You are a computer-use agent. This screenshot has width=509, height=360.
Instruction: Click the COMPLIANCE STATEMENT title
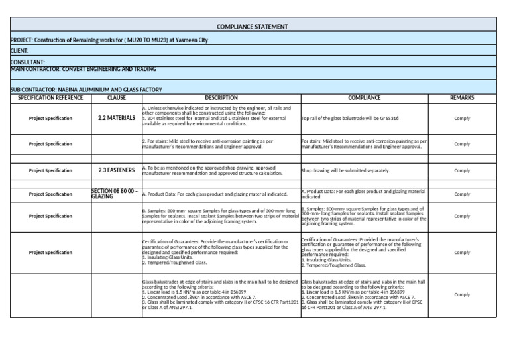(252, 27)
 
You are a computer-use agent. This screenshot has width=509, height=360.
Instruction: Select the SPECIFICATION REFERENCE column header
(50, 98)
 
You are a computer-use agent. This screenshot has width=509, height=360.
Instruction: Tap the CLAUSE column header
(116, 98)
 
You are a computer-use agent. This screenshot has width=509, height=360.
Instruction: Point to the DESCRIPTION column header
(221, 98)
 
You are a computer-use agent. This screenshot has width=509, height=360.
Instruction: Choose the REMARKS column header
(462, 98)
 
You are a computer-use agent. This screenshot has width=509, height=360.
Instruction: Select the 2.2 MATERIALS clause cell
(116, 119)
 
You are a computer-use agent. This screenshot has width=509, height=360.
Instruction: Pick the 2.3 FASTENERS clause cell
(116, 170)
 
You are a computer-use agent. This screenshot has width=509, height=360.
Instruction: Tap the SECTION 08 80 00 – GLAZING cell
(115, 194)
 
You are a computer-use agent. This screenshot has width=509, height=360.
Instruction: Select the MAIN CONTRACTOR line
(84, 68)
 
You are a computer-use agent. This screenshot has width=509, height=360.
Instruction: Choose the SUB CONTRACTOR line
(87, 89)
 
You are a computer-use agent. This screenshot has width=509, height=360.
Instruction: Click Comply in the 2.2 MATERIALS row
(462, 119)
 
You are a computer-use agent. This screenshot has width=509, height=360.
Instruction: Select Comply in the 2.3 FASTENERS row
(462, 170)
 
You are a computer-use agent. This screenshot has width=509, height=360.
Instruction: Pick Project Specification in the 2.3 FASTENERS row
(50, 170)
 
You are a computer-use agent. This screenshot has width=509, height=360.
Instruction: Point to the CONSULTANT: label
(28, 62)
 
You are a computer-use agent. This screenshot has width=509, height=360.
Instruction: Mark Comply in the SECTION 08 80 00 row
(462, 194)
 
